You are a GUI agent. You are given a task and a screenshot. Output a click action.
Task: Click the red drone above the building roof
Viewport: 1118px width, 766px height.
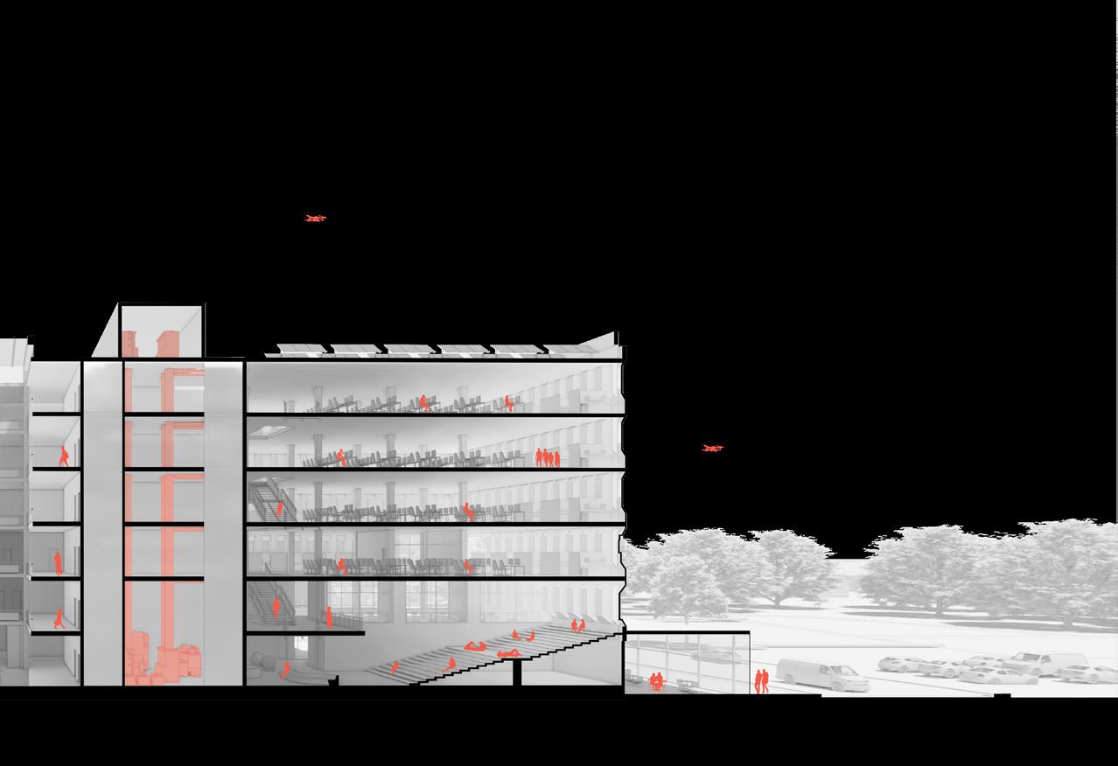[x=315, y=219]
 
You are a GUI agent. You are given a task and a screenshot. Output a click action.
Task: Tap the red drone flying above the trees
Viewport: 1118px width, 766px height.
[x=712, y=449]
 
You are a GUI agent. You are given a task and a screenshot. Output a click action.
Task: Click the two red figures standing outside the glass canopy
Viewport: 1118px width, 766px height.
[x=762, y=681]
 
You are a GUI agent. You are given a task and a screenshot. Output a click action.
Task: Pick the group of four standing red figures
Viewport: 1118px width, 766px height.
[x=548, y=457]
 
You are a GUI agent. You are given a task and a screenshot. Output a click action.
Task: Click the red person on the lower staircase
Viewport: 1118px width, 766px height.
[x=276, y=609]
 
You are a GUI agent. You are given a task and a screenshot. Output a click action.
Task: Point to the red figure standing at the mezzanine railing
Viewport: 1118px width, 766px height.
[x=329, y=616]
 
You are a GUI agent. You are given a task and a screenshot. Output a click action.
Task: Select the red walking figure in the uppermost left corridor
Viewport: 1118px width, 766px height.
[x=64, y=456]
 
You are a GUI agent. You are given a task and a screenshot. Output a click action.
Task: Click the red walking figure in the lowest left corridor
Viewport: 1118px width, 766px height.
[x=59, y=618]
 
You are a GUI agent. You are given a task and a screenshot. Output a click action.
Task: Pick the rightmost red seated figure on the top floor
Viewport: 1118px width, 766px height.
[x=508, y=403]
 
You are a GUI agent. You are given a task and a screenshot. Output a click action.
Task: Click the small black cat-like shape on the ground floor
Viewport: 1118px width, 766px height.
[x=332, y=681]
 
